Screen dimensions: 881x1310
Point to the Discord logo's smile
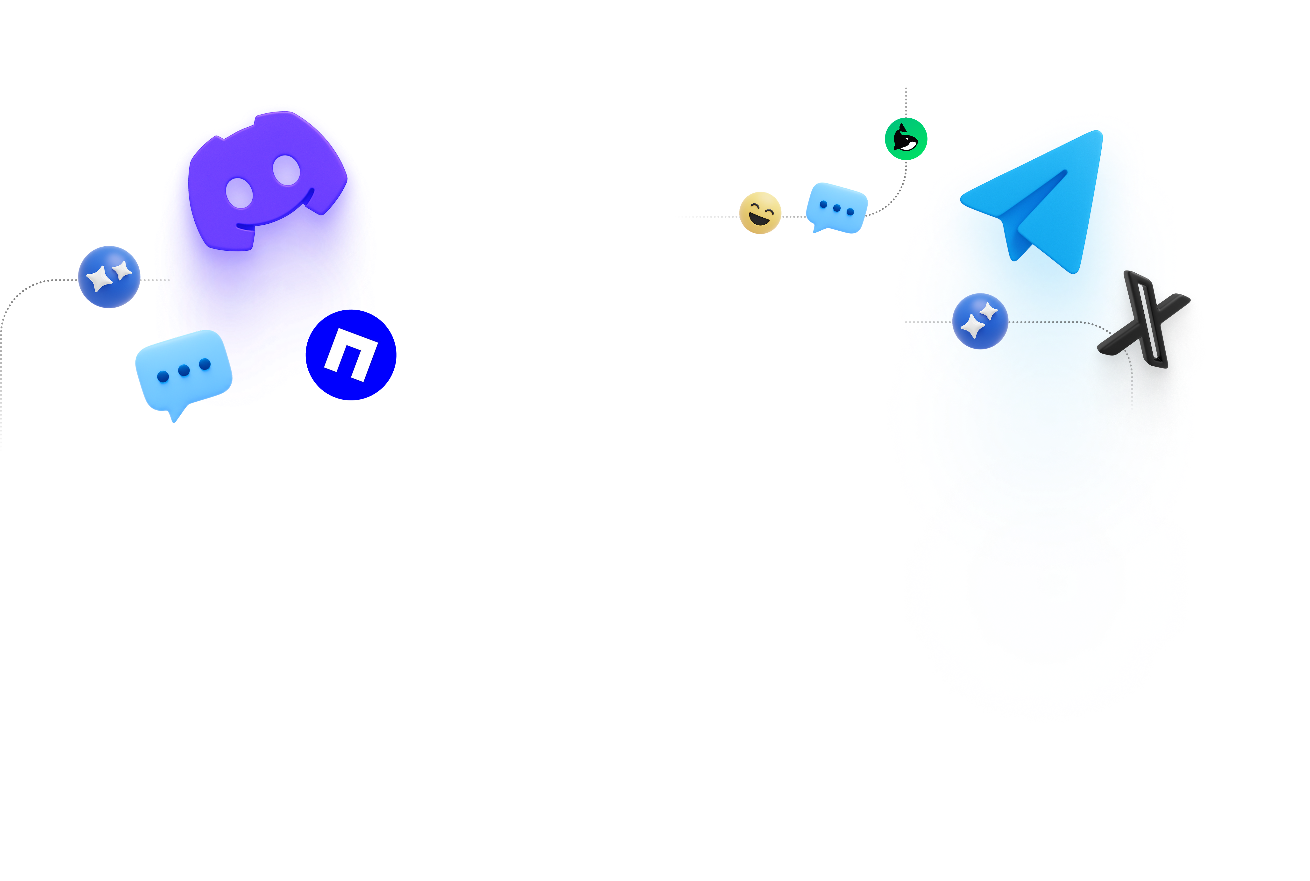click(275, 216)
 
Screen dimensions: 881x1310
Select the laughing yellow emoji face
click(760, 213)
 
